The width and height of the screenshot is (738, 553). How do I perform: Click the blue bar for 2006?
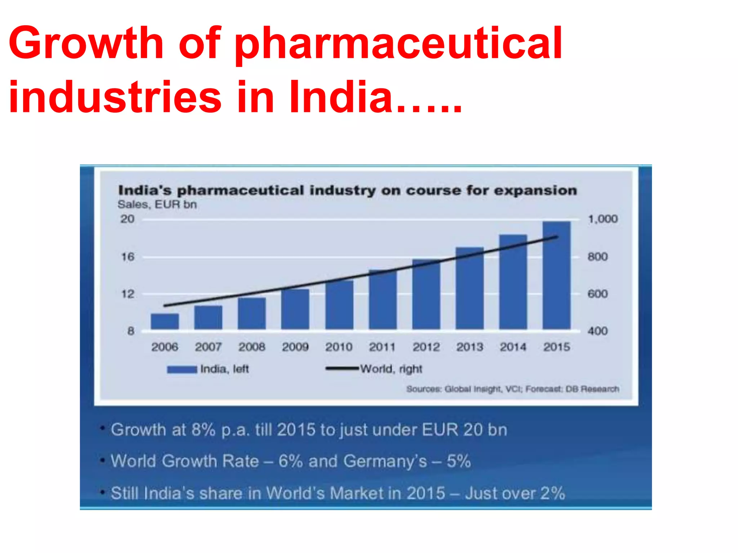pos(165,321)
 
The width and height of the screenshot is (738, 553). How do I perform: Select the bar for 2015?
pos(556,275)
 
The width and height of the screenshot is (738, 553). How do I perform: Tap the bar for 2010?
pos(339,305)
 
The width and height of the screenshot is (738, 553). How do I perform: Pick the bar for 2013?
pos(470,288)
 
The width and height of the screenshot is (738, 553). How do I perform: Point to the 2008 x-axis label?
pos(252,347)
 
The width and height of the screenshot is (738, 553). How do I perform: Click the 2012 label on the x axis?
pos(426,347)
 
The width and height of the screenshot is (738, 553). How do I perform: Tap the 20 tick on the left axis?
pos(127,219)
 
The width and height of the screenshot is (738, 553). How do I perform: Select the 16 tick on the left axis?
pos(127,257)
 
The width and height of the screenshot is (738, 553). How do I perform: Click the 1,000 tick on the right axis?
pos(603,219)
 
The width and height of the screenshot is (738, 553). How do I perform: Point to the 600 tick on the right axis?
pos(597,294)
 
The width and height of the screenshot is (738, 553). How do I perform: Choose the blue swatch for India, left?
pos(182,369)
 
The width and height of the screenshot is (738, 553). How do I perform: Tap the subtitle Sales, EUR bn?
pos(157,204)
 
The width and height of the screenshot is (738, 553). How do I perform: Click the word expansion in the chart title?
pos(535,190)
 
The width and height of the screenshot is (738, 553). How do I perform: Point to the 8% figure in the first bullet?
pos(203,430)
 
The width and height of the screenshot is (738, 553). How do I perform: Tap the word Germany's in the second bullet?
pos(385,461)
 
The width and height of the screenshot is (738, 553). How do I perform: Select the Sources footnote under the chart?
pos(512,389)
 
